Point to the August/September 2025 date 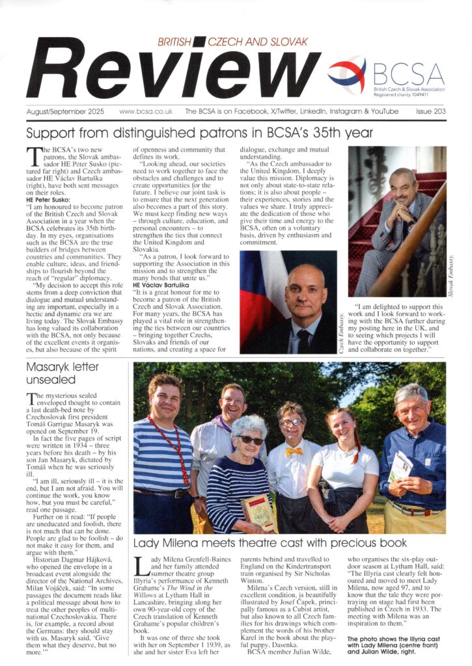click(x=65, y=111)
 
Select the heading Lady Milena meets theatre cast click(x=270, y=543)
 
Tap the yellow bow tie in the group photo click(x=294, y=451)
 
